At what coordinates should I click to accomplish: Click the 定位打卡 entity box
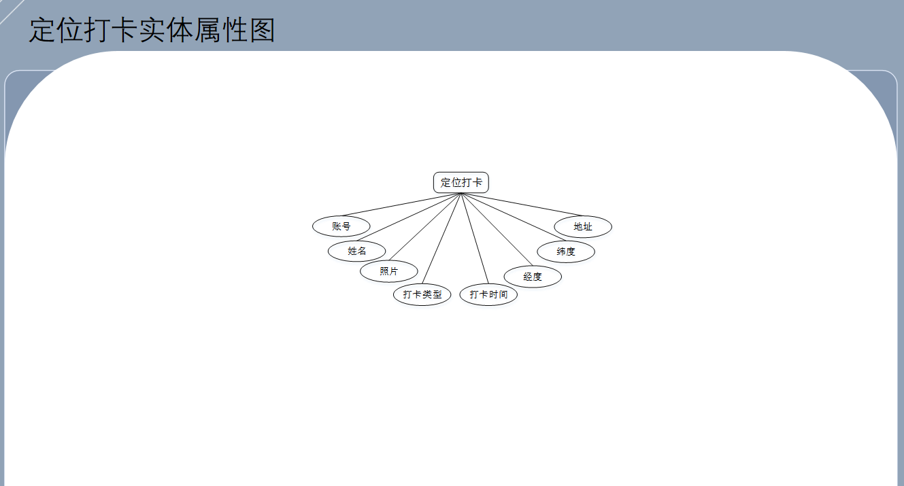(461, 182)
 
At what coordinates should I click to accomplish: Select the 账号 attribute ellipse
(341, 226)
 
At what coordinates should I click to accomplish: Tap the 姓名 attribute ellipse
(356, 251)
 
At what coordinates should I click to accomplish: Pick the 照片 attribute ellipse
(389, 271)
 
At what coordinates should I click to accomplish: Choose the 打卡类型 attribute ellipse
(422, 294)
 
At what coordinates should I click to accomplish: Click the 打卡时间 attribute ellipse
(488, 294)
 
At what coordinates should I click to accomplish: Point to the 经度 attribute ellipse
(533, 277)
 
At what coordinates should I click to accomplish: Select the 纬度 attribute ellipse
(566, 251)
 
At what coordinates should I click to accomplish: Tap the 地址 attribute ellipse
(583, 226)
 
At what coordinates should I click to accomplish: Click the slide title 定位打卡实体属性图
(152, 30)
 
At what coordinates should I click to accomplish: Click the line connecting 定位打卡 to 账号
(401, 205)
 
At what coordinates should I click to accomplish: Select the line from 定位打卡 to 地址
(522, 205)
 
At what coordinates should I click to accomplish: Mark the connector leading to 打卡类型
(441, 239)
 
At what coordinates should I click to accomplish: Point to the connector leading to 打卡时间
(475, 239)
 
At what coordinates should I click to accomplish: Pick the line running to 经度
(497, 230)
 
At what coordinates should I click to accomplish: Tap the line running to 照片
(424, 227)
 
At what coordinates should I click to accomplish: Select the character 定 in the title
(42, 30)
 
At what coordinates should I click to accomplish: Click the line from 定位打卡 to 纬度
(513, 217)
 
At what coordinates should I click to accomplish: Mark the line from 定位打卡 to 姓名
(408, 217)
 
